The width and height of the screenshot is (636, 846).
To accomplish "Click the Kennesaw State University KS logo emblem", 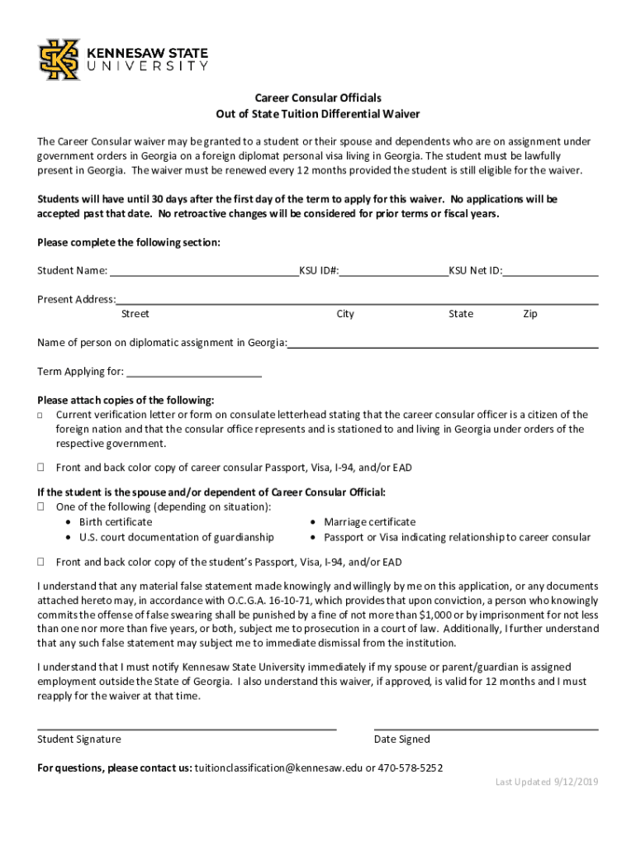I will [x=59, y=59].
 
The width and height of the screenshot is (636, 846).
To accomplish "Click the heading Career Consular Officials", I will [x=317, y=97].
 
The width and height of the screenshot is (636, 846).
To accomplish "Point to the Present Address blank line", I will [x=357, y=299].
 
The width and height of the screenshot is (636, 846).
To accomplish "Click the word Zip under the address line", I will [x=530, y=314].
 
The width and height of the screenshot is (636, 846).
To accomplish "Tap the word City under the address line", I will [x=345, y=314].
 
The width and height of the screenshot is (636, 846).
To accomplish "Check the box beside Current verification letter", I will [x=40, y=416].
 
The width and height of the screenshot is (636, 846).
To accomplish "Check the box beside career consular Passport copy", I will [x=40, y=468].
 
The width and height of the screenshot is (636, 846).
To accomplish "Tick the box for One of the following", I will [x=40, y=506].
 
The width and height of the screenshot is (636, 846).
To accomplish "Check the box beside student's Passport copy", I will [x=40, y=562].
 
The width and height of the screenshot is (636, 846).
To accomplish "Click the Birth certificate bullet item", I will [x=116, y=522].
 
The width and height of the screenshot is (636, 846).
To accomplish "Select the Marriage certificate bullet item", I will [x=369, y=522].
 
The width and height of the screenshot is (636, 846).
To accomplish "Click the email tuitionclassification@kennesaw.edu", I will [x=279, y=768].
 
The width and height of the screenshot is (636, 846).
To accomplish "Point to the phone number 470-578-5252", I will [x=411, y=768].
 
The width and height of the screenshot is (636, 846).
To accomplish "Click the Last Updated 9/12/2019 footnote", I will [x=547, y=782].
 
